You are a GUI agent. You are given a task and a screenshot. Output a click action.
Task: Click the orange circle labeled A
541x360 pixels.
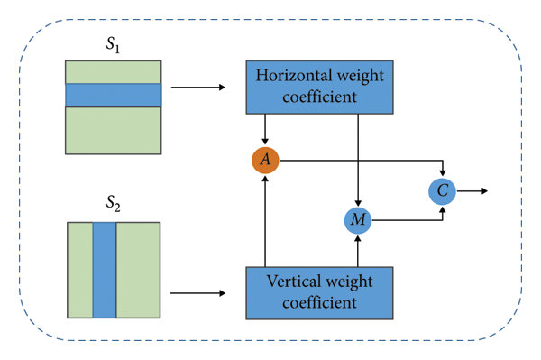tap(265, 160)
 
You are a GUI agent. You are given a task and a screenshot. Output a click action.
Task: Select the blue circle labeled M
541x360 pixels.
tap(359, 219)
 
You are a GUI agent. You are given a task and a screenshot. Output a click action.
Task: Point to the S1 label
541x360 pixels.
tap(112, 43)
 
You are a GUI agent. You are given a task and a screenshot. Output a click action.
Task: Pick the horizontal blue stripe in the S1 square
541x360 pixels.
tap(113, 96)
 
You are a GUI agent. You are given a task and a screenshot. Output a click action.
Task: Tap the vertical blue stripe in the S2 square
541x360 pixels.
tap(105, 269)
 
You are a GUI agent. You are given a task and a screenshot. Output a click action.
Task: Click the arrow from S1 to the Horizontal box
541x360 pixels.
tap(198, 88)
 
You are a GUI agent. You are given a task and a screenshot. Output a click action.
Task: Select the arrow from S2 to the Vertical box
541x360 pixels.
tap(198, 292)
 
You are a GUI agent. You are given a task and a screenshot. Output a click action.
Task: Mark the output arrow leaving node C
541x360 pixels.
tap(473, 190)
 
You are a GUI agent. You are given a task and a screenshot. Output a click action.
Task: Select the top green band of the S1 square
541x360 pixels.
tap(113, 72)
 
